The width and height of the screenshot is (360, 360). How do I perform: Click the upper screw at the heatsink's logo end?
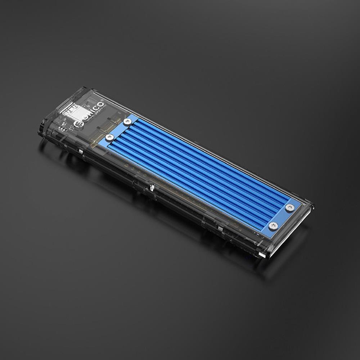[x=126, y=122]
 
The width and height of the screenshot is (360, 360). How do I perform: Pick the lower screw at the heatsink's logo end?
[x=110, y=137]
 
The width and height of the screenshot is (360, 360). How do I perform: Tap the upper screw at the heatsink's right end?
[x=290, y=207]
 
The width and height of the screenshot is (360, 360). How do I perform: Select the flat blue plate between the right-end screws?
[x=283, y=216]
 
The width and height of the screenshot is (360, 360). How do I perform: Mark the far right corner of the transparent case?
[x=312, y=207]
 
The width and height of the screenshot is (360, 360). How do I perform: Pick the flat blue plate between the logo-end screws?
[x=118, y=129]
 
